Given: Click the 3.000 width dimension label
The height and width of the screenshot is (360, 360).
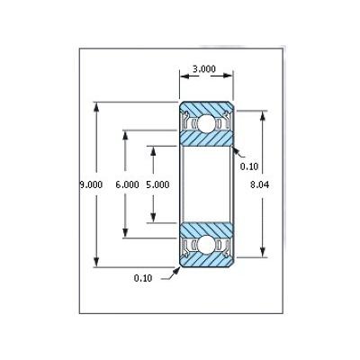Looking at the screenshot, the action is [204, 69].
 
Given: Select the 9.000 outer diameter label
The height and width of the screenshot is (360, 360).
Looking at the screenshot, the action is [91, 184].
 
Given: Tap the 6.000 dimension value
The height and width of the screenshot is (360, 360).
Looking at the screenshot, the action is [127, 184].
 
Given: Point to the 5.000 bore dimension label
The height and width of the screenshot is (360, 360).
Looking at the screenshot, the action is [157, 184].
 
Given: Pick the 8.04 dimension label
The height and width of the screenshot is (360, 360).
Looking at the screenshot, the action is [260, 184].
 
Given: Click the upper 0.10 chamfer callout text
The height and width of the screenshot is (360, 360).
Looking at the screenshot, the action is [249, 166].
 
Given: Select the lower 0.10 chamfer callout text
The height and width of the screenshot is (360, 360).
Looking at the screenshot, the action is [143, 278].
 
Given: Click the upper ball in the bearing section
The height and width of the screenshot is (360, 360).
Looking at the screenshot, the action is [206, 123].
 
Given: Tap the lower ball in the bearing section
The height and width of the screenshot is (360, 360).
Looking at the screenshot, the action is [206, 245].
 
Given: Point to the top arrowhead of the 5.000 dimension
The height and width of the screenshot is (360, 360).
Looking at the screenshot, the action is [153, 150].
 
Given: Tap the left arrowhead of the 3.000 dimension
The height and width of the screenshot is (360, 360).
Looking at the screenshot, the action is [184, 76].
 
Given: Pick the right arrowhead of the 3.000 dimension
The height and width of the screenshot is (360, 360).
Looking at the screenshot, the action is [228, 76].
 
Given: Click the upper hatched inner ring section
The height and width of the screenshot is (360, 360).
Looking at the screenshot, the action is [206, 138].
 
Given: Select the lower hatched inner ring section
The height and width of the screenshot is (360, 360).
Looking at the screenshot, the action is [206, 230].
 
